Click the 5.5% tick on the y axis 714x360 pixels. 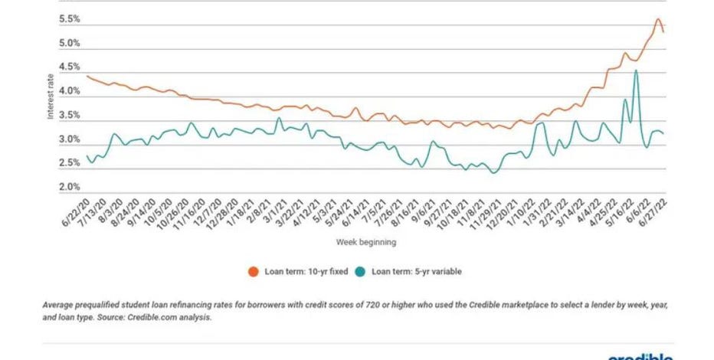point(70,20)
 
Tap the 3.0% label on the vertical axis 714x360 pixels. point(70,140)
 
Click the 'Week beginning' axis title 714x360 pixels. point(366,241)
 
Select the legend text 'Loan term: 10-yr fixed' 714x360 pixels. point(302,271)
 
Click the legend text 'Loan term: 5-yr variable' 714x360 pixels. point(417,271)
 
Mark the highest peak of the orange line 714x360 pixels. point(658,19)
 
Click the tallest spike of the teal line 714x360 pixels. point(636,70)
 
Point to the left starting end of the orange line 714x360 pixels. point(87,75)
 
